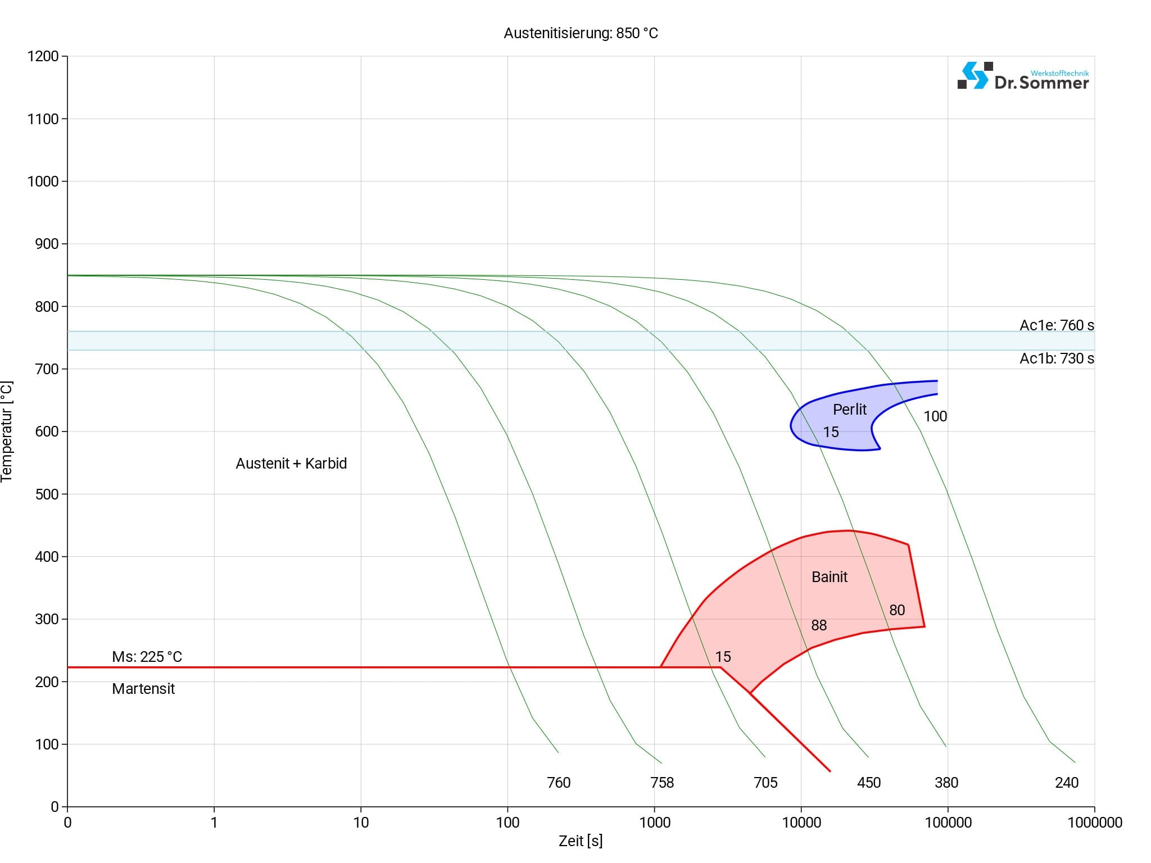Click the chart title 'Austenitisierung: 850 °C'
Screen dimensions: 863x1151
(x=581, y=33)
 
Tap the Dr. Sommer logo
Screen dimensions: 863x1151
(x=1023, y=76)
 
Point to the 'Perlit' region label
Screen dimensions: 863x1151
(x=849, y=410)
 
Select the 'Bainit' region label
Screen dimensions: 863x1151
(x=829, y=577)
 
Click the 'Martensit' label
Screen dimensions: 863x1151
(x=143, y=689)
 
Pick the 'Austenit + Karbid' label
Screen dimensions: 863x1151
(x=291, y=464)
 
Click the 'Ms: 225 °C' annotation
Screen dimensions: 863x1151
(x=147, y=657)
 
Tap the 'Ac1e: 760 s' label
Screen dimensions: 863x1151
(x=1057, y=325)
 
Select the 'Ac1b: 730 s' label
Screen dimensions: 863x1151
(x=1057, y=358)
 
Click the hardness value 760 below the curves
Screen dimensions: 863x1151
(x=559, y=783)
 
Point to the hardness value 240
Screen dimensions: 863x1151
(x=1067, y=783)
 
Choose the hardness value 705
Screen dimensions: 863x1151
(x=765, y=783)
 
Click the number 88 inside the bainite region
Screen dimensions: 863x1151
(x=819, y=625)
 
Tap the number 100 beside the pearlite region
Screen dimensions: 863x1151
(x=935, y=416)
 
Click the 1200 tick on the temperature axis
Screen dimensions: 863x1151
(x=43, y=56)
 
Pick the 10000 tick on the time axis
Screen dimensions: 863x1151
(x=801, y=823)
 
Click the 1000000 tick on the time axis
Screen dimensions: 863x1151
(x=1094, y=823)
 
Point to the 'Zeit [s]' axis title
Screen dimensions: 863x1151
(x=581, y=841)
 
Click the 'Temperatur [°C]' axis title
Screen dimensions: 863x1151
(x=7, y=431)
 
